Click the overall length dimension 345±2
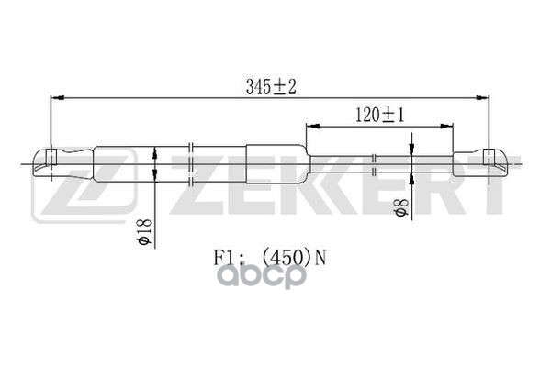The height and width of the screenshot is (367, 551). tap(273, 86)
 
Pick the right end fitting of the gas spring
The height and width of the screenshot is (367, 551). tap(486, 163)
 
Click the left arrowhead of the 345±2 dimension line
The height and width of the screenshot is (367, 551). tap(55, 95)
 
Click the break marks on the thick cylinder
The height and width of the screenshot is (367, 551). tap(189, 163)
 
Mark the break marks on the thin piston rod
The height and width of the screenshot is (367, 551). tap(376, 163)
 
